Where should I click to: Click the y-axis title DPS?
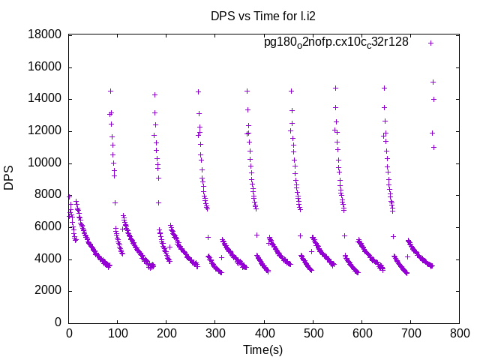[9, 178]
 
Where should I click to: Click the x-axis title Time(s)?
[262, 349]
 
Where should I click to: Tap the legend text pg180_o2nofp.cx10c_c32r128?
[336, 42]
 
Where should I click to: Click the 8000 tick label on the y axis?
[47, 195]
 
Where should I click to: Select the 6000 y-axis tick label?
[47, 227]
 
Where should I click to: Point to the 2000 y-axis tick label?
[47, 291]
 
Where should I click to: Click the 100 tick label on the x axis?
[118, 332]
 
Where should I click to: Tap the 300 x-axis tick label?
[215, 332]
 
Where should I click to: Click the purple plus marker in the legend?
[430, 43]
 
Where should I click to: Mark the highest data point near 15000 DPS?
[433, 82]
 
